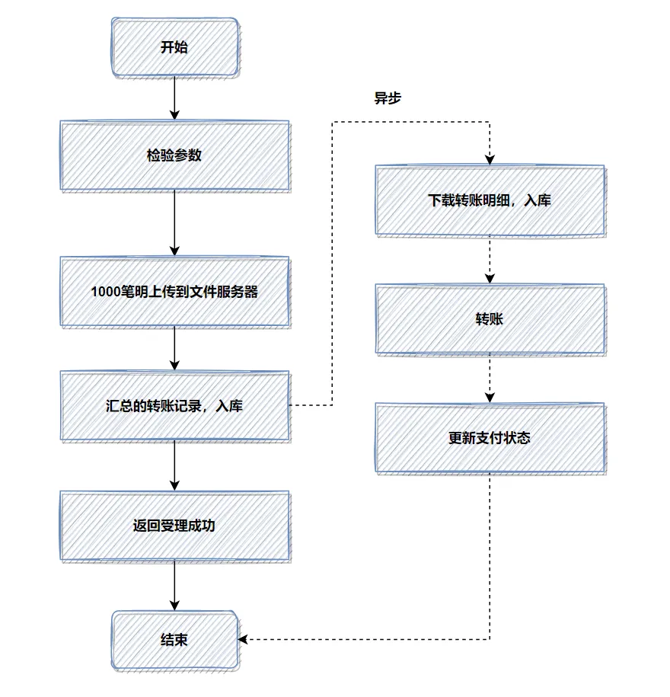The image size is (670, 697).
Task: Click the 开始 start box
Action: tap(174, 47)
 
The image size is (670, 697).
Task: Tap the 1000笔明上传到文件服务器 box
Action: tap(174, 292)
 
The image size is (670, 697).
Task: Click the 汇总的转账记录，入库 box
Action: tap(174, 406)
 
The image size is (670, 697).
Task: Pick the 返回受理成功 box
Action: tap(174, 526)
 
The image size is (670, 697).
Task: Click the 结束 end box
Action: tap(174, 640)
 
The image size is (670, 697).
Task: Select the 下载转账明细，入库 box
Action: tap(490, 200)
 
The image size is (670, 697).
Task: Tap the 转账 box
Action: tap(490, 319)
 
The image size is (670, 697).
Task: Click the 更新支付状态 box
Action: tap(490, 438)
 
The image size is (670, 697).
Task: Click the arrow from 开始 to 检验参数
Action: tap(174, 98)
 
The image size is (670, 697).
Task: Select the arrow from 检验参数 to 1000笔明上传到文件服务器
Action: tap(174, 222)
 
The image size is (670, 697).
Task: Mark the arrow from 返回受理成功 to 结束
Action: tap(174, 585)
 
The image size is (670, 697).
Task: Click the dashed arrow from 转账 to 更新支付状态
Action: tap(490, 379)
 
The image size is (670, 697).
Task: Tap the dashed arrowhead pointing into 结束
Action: tap(244, 640)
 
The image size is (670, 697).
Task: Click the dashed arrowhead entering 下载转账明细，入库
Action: tap(490, 160)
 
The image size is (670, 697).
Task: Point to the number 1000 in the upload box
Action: tap(104, 292)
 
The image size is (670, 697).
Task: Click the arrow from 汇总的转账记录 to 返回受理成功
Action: tap(174, 465)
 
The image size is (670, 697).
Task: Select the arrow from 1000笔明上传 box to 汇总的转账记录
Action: tap(174, 348)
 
